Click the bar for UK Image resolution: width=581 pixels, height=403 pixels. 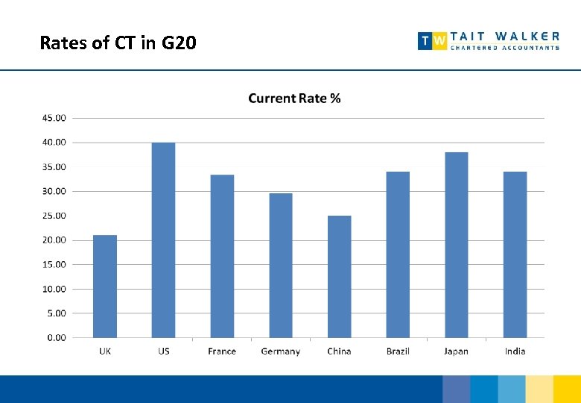pos(105,287)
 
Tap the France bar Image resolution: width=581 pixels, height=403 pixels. pos(222,256)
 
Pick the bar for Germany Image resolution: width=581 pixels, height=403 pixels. pos(281,266)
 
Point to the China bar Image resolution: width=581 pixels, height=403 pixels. pos(339,277)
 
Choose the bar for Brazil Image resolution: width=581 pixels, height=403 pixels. pos(398,254)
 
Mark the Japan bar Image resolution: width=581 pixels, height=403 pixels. pos(456,245)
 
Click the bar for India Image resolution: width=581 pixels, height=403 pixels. pos(515,254)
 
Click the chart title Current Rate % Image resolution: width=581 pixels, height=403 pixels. pos(294,99)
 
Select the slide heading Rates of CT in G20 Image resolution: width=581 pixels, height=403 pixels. pos(118,43)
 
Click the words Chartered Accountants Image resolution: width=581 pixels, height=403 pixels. pos(505,48)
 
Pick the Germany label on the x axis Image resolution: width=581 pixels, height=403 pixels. pos(281,352)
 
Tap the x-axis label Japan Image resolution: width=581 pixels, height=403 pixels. pos(456,352)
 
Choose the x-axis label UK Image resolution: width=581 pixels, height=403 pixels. pos(105,352)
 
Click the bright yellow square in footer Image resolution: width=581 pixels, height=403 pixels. pos(568,389)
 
